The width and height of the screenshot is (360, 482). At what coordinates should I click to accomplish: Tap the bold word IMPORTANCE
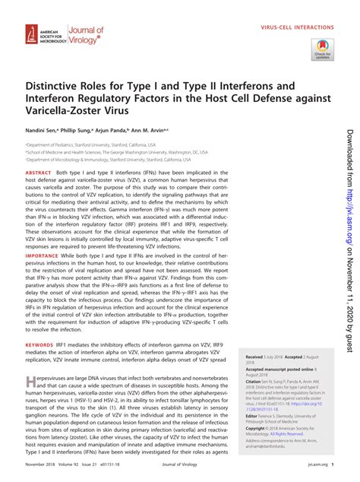pos(43,255)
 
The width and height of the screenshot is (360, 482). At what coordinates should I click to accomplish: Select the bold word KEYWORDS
pos(40,344)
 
